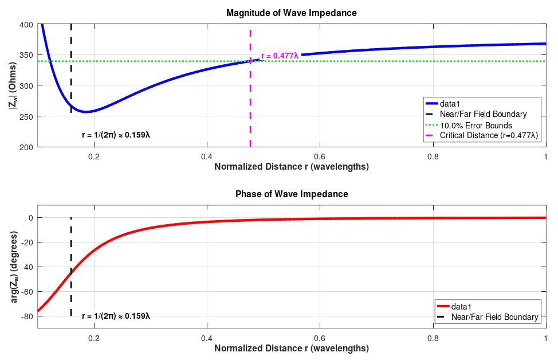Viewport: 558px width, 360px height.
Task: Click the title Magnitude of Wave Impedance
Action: pyautogui.click(x=292, y=13)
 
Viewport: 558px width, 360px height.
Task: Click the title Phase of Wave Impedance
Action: pyautogui.click(x=292, y=194)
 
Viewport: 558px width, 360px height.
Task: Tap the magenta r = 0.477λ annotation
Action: pyautogui.click(x=280, y=56)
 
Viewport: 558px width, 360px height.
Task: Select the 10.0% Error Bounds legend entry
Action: pyautogui.click(x=476, y=125)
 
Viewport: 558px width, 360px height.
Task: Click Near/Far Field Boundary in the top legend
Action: pyautogui.click(x=483, y=114)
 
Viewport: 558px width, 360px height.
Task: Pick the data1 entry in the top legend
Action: pyautogui.click(x=450, y=104)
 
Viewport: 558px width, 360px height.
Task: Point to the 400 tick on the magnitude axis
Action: pyautogui.click(x=26, y=25)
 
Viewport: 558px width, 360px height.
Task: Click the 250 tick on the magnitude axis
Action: pyautogui.click(x=26, y=116)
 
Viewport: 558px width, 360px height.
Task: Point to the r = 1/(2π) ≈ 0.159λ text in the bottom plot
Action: pyautogui.click(x=116, y=316)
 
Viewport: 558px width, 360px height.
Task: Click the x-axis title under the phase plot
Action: pyautogui.click(x=292, y=348)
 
